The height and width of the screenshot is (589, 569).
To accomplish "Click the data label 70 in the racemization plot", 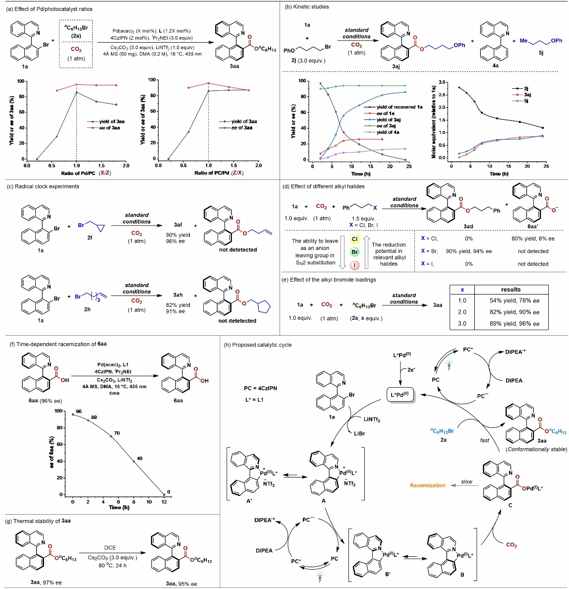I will (x=117, y=433).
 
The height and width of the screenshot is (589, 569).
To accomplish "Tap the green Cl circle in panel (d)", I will (x=354, y=239).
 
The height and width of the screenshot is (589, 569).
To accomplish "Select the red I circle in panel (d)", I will (x=354, y=265).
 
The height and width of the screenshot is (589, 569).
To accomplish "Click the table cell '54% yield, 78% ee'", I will (x=514, y=300).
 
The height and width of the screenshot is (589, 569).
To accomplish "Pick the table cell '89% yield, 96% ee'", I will (x=514, y=324).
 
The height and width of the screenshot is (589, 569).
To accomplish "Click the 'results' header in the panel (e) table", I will (x=511, y=289).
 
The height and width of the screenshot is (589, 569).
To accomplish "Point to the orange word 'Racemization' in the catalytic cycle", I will (x=428, y=485).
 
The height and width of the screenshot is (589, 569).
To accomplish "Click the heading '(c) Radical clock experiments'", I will (x=43, y=186).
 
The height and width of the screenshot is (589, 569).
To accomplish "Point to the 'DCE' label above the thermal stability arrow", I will (x=110, y=547).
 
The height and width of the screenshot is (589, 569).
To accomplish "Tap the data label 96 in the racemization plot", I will (x=79, y=412).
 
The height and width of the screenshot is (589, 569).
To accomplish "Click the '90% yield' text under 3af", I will (x=178, y=235).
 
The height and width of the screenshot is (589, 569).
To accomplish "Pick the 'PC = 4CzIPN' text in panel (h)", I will (x=260, y=388).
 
